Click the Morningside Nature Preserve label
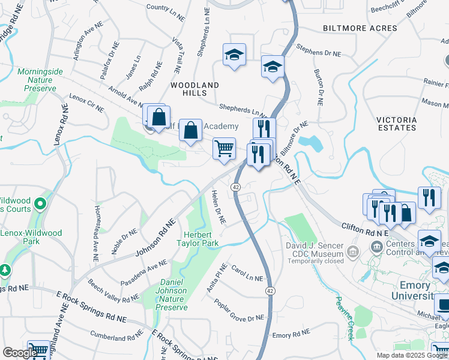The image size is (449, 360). (40, 80)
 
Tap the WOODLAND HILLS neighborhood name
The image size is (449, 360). (194, 89)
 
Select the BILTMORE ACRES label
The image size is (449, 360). (360, 28)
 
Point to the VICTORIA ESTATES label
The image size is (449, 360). (396, 124)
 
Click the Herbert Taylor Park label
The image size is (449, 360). (196, 239)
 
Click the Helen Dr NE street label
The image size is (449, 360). (218, 207)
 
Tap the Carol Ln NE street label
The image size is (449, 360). (247, 273)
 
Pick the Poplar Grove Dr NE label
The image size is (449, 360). (239, 310)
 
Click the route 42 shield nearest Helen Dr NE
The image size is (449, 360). (236, 187)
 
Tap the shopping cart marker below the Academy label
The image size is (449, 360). (224, 148)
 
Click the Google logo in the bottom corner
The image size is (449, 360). (20, 353)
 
